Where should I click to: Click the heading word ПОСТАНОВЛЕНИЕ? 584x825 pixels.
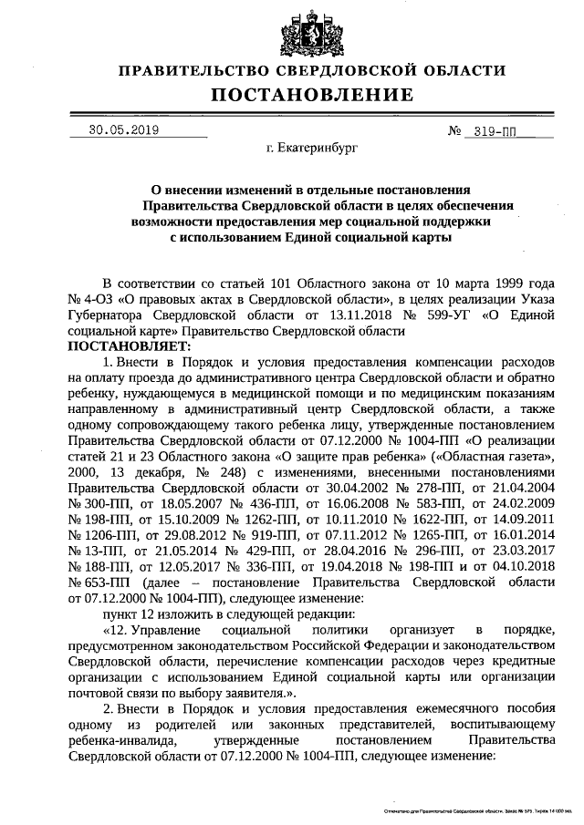pos(312,95)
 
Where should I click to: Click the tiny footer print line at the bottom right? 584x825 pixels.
pos(474,809)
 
